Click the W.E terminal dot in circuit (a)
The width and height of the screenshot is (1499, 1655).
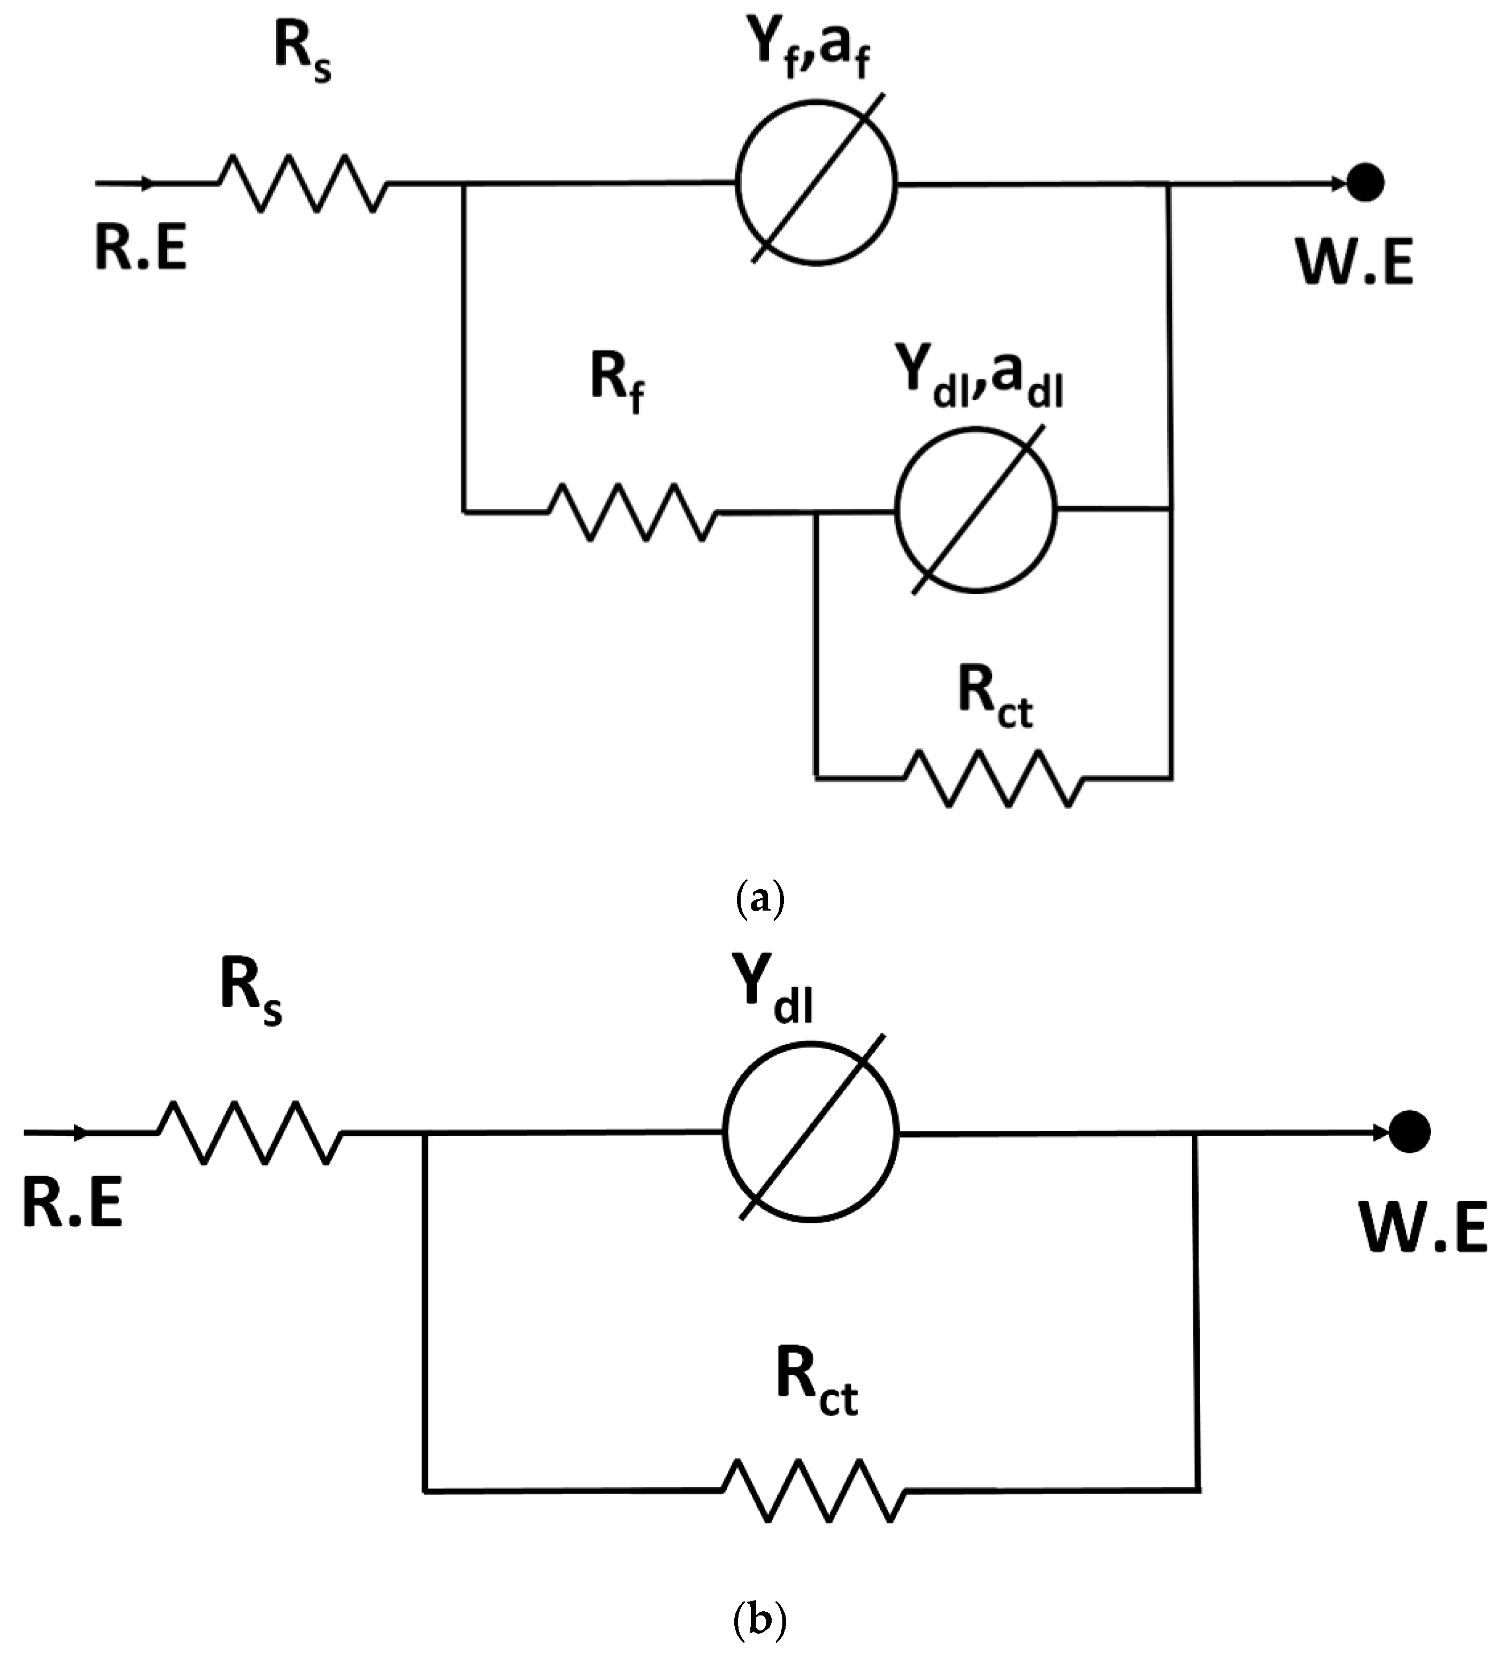pyautogui.click(x=1365, y=182)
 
